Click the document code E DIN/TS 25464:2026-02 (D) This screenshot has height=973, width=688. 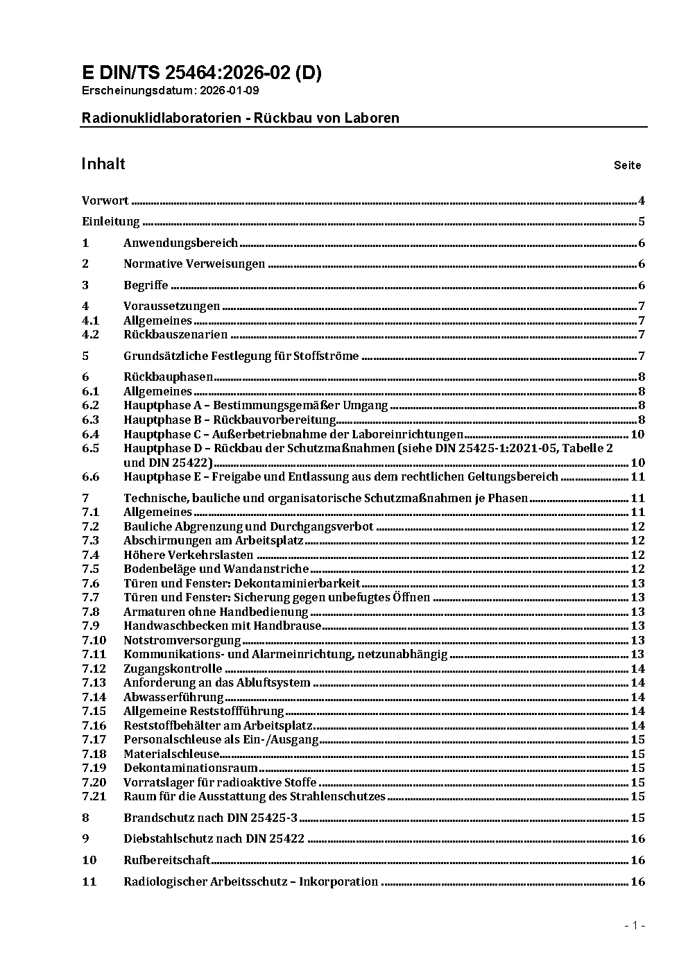201,73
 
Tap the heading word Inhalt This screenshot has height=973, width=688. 103,164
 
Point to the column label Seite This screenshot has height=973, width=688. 627,166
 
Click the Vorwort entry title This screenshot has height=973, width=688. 105,201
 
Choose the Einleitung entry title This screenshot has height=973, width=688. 111,222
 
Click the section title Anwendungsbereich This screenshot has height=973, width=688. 180,243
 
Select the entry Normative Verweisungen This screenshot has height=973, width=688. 194,264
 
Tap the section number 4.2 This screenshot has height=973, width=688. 90,335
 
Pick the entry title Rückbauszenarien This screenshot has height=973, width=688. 175,335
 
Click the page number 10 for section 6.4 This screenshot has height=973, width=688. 637,435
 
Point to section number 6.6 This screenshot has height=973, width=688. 90,477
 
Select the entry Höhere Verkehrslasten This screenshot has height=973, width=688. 189,555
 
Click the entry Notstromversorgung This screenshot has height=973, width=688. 182,640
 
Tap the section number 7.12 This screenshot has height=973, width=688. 94,669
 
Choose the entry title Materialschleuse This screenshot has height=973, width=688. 171,754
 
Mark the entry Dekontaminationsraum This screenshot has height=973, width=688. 191,768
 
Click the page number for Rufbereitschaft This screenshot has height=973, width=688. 637,861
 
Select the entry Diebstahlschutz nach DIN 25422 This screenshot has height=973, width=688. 214,839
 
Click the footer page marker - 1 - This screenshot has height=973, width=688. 635,926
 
